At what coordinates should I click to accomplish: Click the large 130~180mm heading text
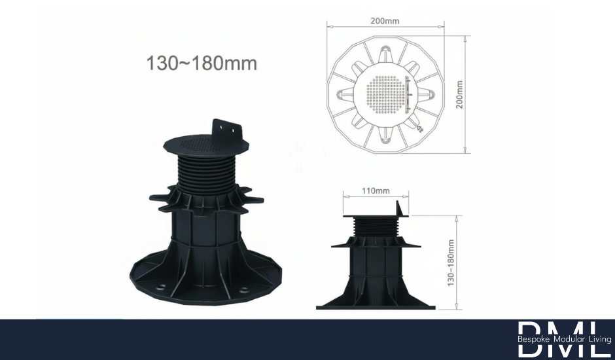coord(202,63)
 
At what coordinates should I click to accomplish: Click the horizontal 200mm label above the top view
coord(385,21)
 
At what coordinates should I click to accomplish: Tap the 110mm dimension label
coord(376,191)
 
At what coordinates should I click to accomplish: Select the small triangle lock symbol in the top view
coord(420,129)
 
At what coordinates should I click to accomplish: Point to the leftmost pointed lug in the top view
coord(341,96)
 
